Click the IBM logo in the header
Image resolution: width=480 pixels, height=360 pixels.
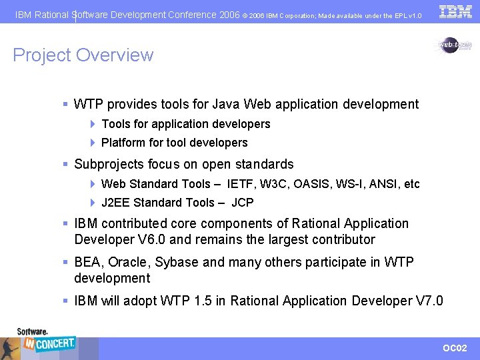(x=456, y=11)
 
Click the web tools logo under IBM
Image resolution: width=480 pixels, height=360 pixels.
(x=455, y=45)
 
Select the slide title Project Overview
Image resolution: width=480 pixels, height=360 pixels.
(x=83, y=55)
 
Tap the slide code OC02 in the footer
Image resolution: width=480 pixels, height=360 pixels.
(x=455, y=349)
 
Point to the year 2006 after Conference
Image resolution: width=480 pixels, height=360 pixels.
(x=229, y=15)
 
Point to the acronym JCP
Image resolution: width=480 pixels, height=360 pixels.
(x=242, y=203)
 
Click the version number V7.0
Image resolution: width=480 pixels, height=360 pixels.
(x=429, y=301)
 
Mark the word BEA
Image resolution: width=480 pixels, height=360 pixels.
(x=87, y=262)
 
